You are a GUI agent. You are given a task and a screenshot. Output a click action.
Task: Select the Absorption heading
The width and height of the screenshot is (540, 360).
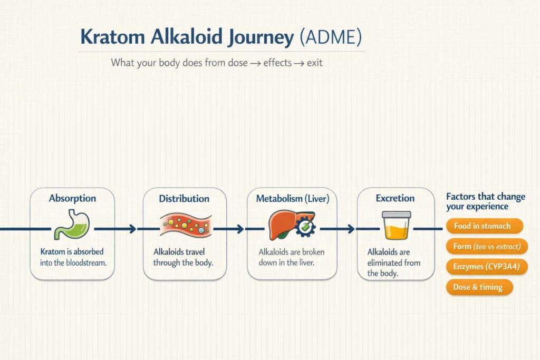click(x=72, y=199)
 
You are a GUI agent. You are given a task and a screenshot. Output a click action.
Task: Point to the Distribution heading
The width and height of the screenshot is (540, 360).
click(x=184, y=199)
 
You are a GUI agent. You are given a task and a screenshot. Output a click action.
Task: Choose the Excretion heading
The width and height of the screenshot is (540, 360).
click(x=395, y=198)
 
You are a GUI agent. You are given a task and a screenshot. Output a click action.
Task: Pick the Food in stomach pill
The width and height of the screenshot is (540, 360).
click(x=482, y=226)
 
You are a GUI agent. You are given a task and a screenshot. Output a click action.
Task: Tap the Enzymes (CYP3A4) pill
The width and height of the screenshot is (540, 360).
click(x=487, y=267)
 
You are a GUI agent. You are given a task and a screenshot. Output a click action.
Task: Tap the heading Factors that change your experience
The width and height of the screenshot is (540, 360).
click(x=485, y=201)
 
